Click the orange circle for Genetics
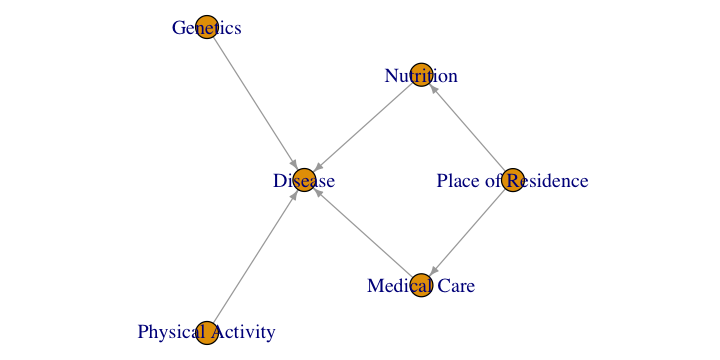tap(207, 27)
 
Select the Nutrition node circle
tap(421, 75)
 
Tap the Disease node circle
tap(304, 180)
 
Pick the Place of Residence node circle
tap(512, 180)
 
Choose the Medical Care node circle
tap(421, 285)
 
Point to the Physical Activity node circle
tap(207, 333)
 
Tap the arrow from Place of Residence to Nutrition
tap(467, 128)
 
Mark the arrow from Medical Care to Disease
tap(362, 232)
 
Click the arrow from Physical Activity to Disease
tap(255, 257)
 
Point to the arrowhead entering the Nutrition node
tap(432, 88)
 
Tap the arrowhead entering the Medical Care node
tap(432, 273)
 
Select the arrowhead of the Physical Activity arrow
tap(294, 195)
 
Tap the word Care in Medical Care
tap(456, 286)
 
